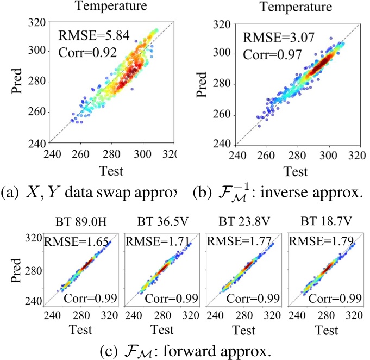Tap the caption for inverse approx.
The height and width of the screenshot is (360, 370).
(x=282, y=193)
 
